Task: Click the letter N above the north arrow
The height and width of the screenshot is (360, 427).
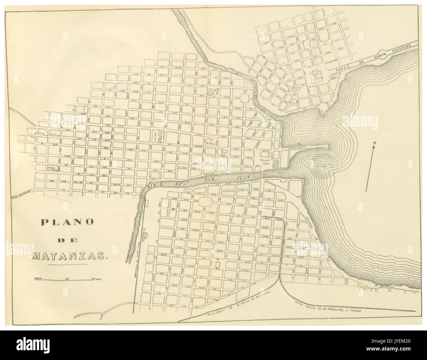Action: coord(374,143)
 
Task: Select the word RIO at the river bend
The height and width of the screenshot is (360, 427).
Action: coord(152,186)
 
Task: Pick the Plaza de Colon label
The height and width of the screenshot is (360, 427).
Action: coord(265,160)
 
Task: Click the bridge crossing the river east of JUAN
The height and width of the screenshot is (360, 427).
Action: coord(262,174)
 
